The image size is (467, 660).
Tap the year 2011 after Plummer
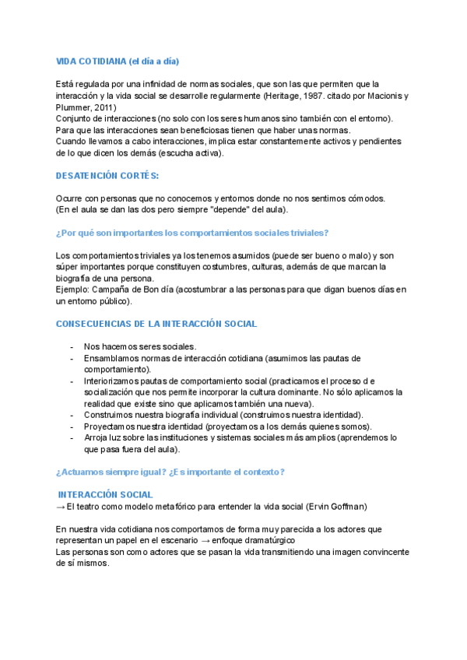point(104,107)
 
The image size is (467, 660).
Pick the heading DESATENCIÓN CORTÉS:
point(107,176)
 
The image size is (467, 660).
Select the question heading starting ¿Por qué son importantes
point(192,233)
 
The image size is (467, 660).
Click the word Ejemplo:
point(73,290)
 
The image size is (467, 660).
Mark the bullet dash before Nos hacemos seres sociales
point(72,347)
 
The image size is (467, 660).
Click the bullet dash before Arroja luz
point(72,438)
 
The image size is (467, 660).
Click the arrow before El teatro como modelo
point(61,507)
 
